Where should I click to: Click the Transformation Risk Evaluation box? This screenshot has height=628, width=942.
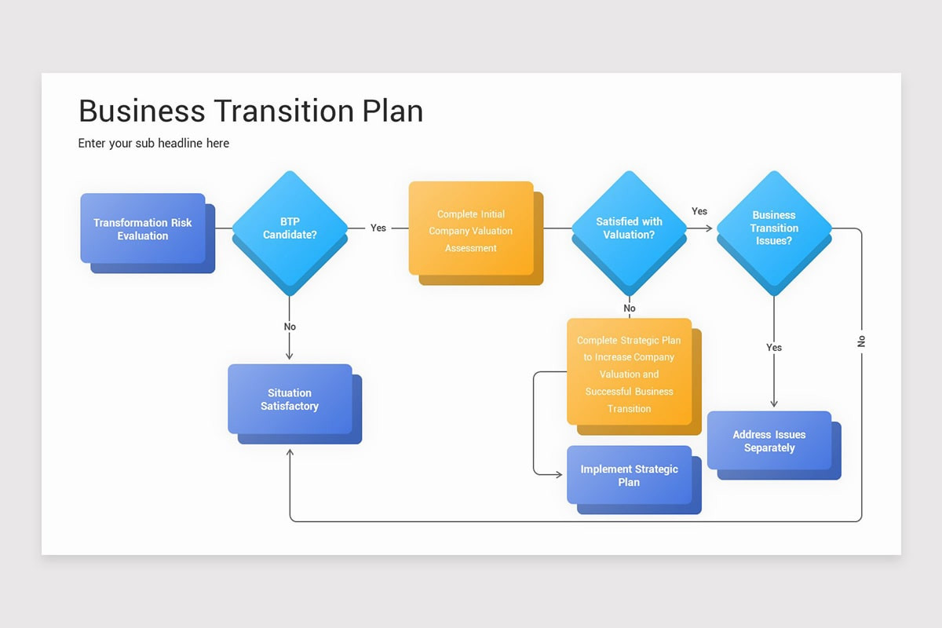[143, 228]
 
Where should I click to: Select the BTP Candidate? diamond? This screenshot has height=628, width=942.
[290, 228]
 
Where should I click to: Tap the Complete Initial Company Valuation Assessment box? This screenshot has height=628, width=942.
[471, 228]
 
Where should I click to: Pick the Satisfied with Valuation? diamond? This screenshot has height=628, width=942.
[629, 228]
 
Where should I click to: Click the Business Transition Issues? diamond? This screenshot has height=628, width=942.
[774, 228]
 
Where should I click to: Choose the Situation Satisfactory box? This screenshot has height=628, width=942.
[290, 399]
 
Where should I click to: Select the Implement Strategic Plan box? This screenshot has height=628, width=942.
[629, 475]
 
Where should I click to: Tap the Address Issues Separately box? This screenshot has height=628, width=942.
[769, 440]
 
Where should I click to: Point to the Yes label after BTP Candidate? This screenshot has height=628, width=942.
[378, 228]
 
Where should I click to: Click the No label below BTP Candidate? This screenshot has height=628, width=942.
[290, 327]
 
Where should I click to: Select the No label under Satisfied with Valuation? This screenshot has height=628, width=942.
[630, 309]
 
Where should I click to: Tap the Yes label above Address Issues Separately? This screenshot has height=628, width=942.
[774, 347]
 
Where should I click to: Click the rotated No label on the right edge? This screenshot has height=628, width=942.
[861, 341]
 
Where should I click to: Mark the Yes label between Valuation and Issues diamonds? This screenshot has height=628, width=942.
[699, 211]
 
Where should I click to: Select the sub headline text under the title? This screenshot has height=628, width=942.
[154, 143]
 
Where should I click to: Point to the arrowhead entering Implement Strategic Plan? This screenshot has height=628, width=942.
[559, 475]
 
